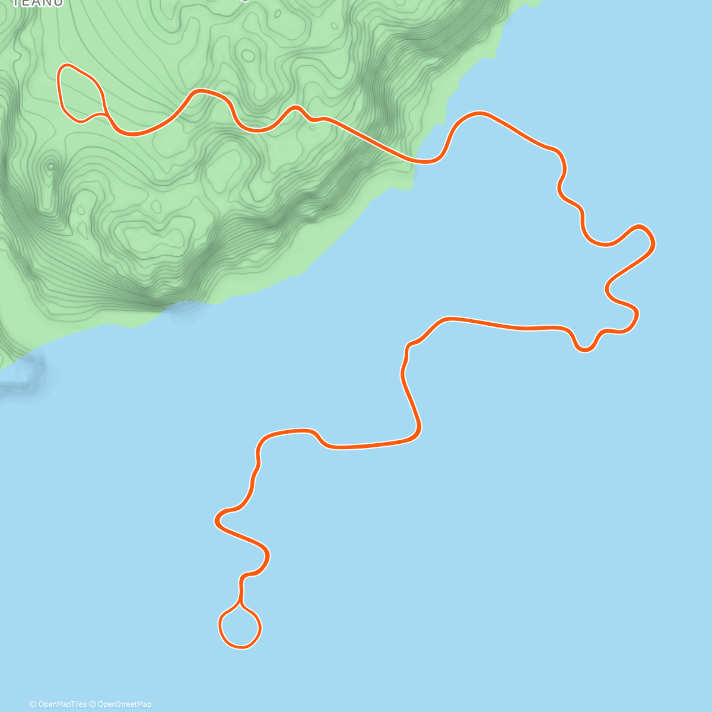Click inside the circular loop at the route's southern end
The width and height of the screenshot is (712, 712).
point(240,627)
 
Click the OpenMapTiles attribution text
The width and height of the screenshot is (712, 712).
point(62,704)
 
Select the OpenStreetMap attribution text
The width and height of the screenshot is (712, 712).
point(125,704)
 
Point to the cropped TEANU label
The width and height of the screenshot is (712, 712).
point(37,3)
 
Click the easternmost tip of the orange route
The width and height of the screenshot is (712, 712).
point(653,242)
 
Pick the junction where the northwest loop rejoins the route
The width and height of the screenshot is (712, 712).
point(106,114)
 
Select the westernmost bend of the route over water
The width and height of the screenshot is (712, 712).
point(216,521)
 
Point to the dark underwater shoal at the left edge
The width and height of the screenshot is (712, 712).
point(24,374)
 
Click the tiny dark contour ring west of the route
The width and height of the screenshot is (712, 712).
point(50,166)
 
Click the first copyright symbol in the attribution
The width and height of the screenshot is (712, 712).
point(33,704)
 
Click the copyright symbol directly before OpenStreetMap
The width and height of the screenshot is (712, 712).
point(93,704)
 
